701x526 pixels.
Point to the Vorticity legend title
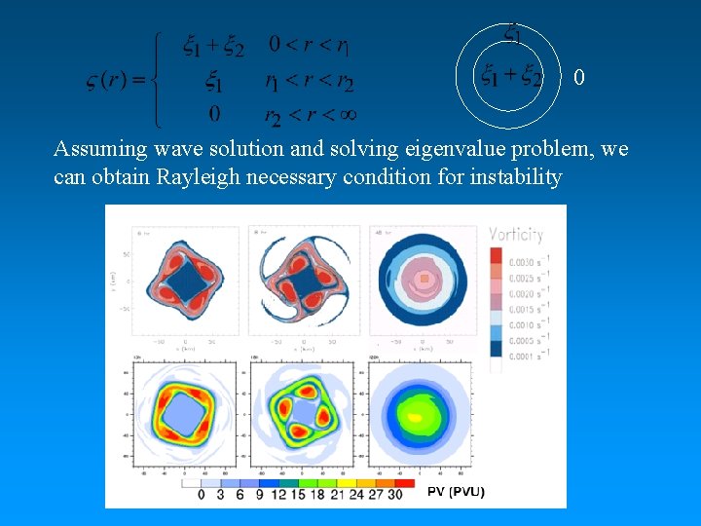(x=516, y=234)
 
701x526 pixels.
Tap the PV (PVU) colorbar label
(x=456, y=491)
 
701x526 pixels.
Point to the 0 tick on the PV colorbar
(x=202, y=495)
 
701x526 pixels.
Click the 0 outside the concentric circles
(x=579, y=77)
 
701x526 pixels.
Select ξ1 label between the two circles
(x=512, y=33)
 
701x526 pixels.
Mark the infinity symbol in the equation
(x=347, y=114)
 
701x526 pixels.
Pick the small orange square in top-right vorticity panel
(x=424, y=279)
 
